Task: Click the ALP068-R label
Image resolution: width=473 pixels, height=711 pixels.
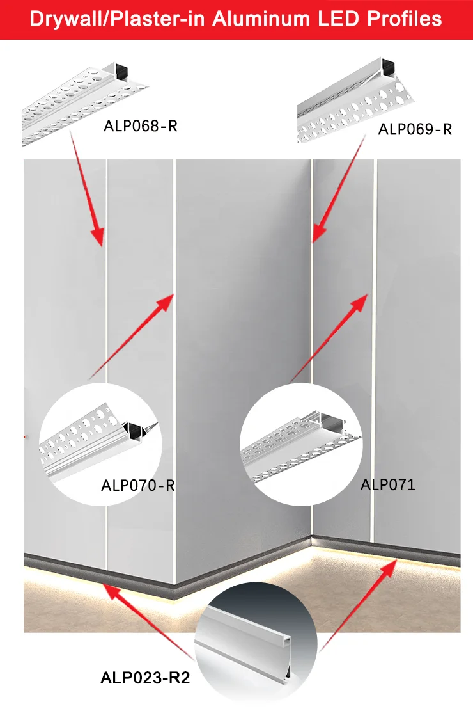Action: coord(140,126)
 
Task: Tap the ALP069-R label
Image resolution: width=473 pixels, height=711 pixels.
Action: coord(415,129)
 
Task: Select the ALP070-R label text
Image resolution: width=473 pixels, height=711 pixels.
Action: coord(138,485)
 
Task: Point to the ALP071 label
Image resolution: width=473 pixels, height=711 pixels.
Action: coord(387,484)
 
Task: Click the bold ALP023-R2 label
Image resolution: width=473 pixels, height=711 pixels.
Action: coord(145,678)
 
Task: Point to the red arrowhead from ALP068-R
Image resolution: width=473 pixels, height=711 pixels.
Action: coord(97,237)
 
